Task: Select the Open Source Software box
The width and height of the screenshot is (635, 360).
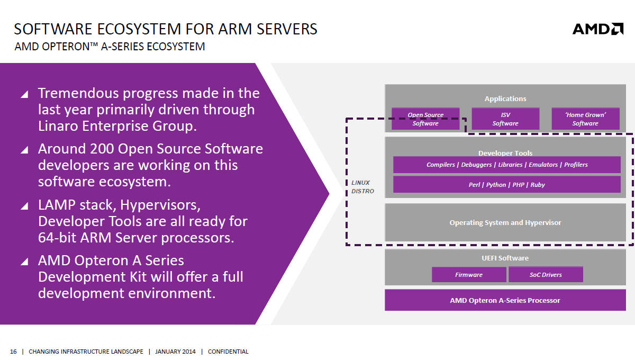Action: tap(425, 119)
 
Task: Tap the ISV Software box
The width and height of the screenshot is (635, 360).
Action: tap(505, 119)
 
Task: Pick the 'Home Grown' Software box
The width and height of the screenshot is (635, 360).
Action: tap(585, 119)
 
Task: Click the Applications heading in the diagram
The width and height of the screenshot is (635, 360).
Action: tap(505, 98)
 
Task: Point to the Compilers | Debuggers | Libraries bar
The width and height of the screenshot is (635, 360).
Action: tap(506, 165)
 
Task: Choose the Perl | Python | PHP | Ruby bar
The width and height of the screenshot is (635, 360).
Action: tap(506, 185)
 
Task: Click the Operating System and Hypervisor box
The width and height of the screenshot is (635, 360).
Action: tap(505, 222)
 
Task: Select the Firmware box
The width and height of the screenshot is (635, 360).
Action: tap(469, 275)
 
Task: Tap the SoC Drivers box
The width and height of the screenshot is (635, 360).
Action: tap(546, 275)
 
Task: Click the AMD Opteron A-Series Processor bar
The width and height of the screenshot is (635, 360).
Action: tap(505, 300)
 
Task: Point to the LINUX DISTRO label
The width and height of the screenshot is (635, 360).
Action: tap(362, 187)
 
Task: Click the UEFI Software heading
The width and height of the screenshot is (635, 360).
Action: tap(505, 258)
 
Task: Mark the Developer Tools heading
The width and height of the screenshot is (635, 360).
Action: tap(505, 153)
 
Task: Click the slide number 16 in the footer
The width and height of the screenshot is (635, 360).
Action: tap(13, 352)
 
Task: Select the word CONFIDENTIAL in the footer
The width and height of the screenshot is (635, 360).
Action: tap(228, 352)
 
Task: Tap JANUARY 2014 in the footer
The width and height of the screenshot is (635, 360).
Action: tap(175, 352)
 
